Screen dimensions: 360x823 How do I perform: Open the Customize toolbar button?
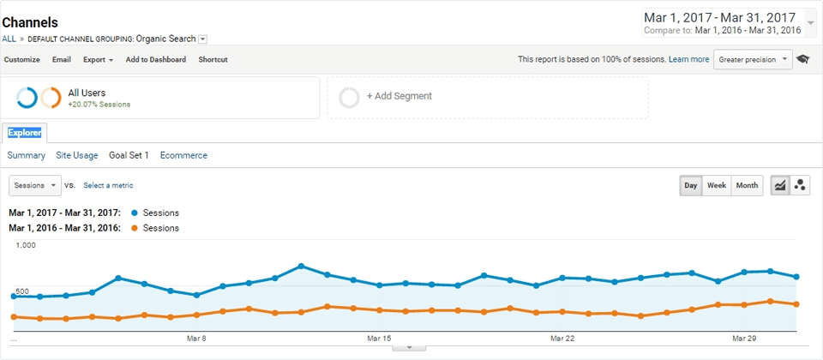click(22, 60)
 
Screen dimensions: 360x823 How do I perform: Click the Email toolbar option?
click(62, 60)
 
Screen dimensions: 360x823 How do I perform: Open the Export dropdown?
click(98, 60)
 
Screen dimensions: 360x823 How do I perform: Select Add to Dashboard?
click(156, 60)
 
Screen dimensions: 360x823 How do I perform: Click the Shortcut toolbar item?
click(213, 60)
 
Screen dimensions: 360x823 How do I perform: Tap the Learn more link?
click(688, 60)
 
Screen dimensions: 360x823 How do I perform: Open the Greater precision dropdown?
click(753, 60)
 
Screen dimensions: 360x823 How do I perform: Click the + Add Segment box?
click(487, 97)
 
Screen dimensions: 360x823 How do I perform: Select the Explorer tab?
click(25, 133)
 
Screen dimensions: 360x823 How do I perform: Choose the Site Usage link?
click(77, 156)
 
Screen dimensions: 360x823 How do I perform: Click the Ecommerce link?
click(183, 156)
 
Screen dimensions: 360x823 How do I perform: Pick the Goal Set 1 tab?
click(129, 156)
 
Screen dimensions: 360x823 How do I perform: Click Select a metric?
click(108, 185)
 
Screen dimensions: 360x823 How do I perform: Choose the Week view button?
click(717, 185)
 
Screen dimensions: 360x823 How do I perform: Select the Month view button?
click(747, 185)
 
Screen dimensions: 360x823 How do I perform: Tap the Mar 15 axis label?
click(379, 339)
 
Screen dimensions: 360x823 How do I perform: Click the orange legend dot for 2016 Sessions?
click(135, 228)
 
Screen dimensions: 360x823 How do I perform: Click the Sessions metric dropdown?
click(34, 185)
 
